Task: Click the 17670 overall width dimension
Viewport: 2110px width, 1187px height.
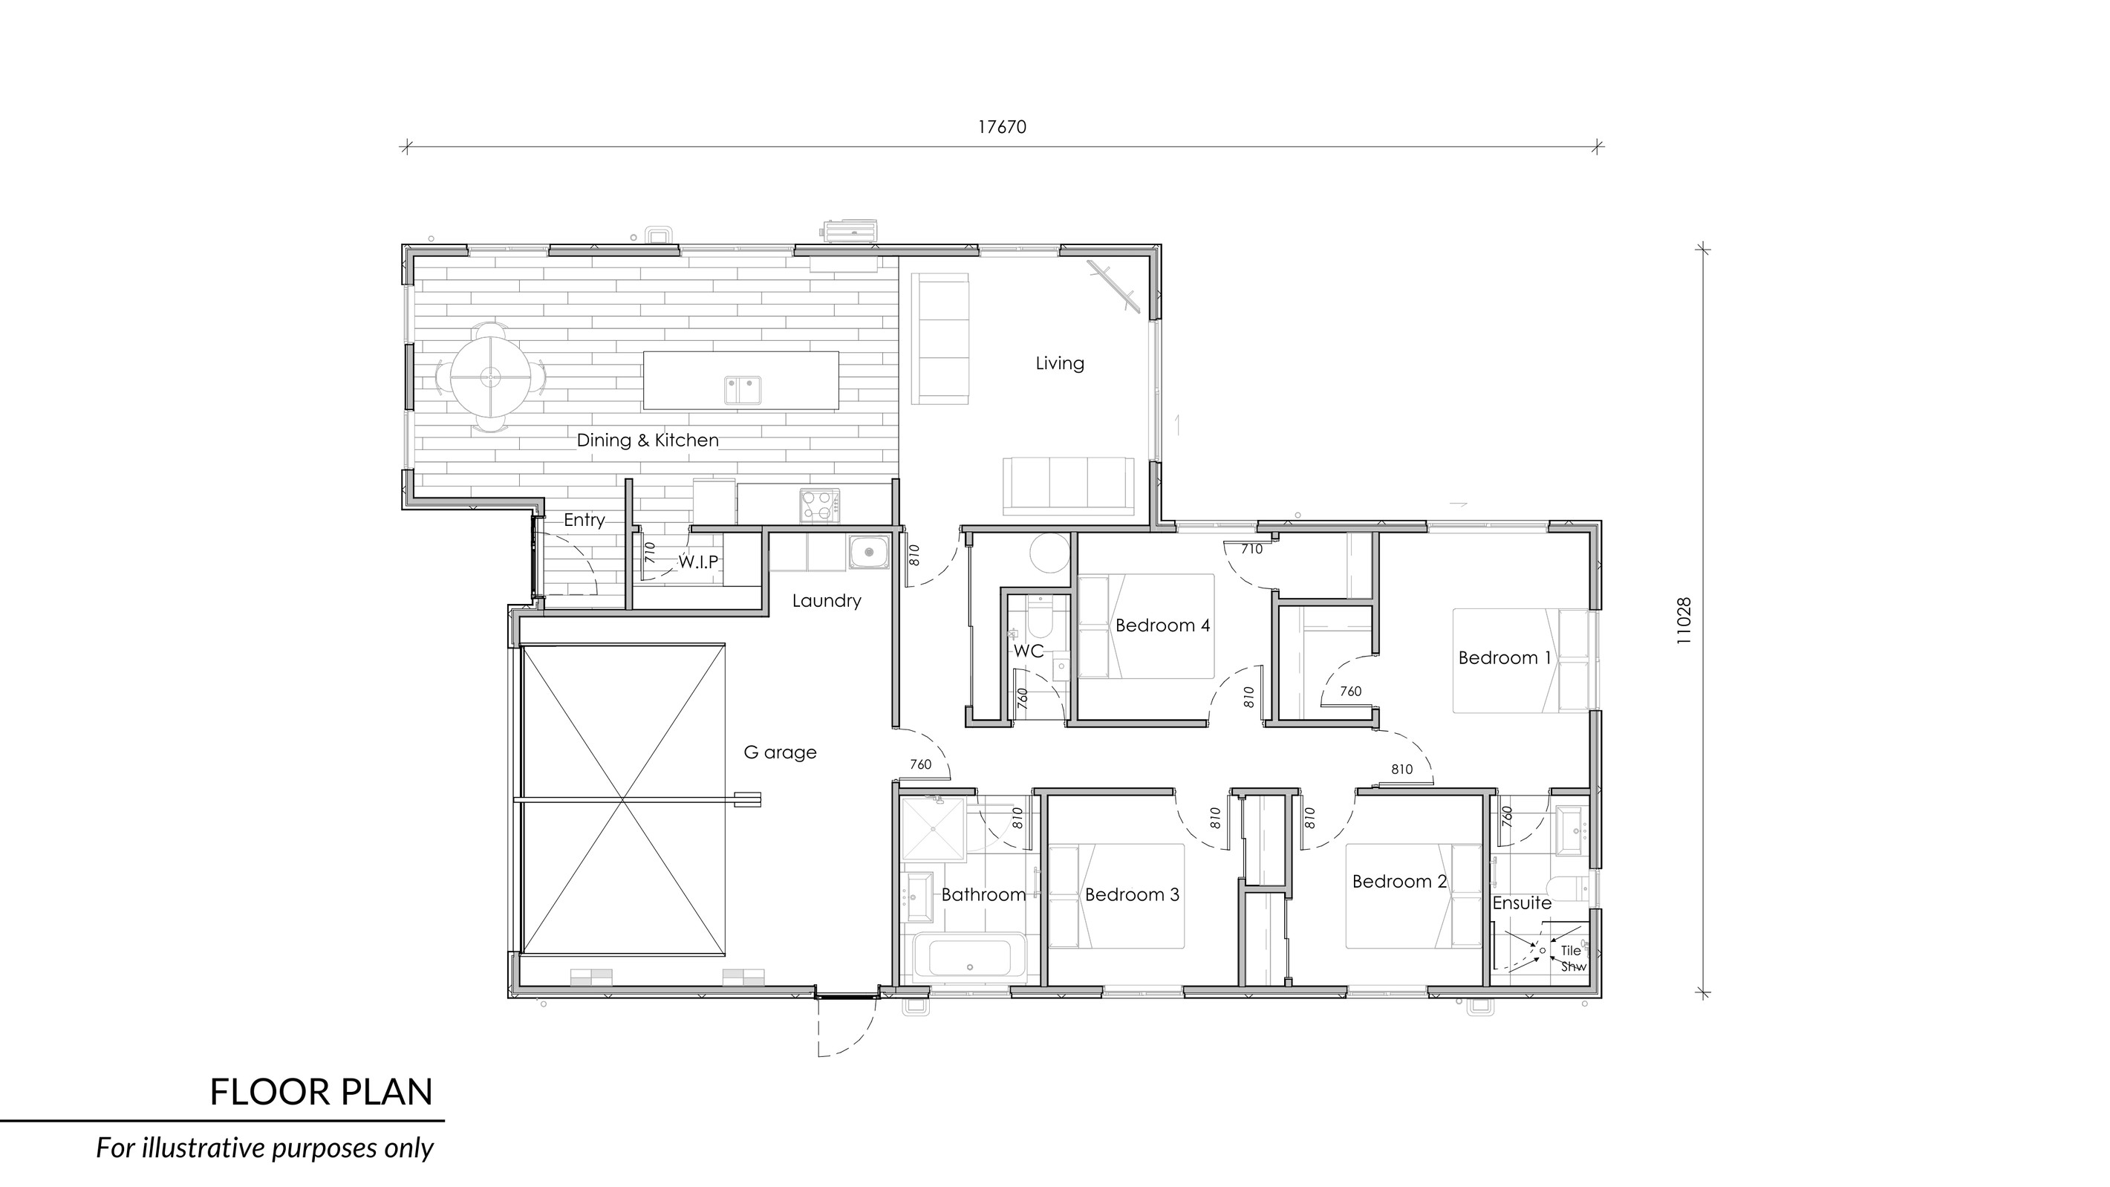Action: (1002, 127)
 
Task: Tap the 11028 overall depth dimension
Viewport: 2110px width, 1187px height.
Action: (1683, 621)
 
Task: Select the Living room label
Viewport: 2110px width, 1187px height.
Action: (1059, 363)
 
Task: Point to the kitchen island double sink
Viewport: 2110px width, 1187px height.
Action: (742, 390)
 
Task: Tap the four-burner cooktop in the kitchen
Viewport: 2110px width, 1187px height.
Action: (820, 504)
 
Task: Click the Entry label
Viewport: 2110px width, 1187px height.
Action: (584, 520)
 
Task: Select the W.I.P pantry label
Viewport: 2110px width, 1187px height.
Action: (698, 562)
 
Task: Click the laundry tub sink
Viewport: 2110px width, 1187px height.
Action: (868, 552)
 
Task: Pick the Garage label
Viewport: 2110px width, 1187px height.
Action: (780, 752)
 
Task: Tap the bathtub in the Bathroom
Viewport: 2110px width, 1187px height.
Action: (969, 957)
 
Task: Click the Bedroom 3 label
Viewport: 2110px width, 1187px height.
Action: (1132, 894)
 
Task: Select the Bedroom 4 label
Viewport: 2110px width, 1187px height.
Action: (1162, 626)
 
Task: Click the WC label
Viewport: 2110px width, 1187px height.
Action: (1029, 651)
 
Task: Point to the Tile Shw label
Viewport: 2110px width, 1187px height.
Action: (1572, 958)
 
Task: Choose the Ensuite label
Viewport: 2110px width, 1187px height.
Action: (1522, 903)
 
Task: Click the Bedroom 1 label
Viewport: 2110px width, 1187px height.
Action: (1505, 658)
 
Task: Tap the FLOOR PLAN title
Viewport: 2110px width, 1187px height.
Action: (321, 1093)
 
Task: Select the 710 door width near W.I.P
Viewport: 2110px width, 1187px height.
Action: (651, 551)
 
